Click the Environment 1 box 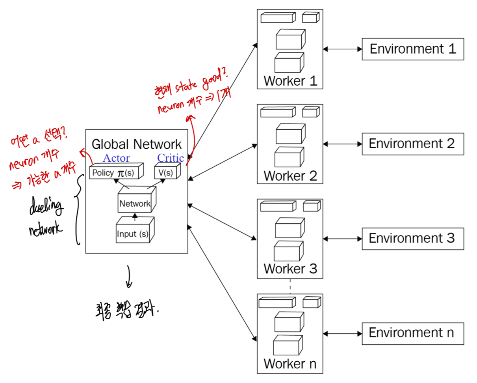413,49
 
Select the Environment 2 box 413,144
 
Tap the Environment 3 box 413,238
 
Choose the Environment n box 413,333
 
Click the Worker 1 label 290,81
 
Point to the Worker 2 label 290,176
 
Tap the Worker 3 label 290,269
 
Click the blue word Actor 116,159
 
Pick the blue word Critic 171,158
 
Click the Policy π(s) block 114,173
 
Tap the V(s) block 165,173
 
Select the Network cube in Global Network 135,204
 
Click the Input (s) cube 133,234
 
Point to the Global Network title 137,144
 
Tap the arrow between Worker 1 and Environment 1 342,49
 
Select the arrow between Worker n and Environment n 342,334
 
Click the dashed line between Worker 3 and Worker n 290,286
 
